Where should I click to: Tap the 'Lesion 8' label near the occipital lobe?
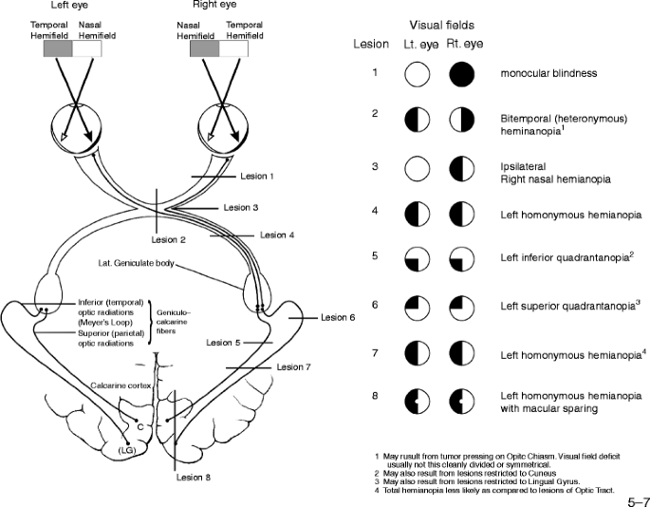pyautogui.click(x=195, y=477)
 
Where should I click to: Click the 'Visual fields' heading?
pyautogui.click(x=438, y=26)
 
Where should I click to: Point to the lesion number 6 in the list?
pyautogui.click(x=376, y=306)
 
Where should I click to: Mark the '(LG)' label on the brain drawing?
pyautogui.click(x=123, y=450)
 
